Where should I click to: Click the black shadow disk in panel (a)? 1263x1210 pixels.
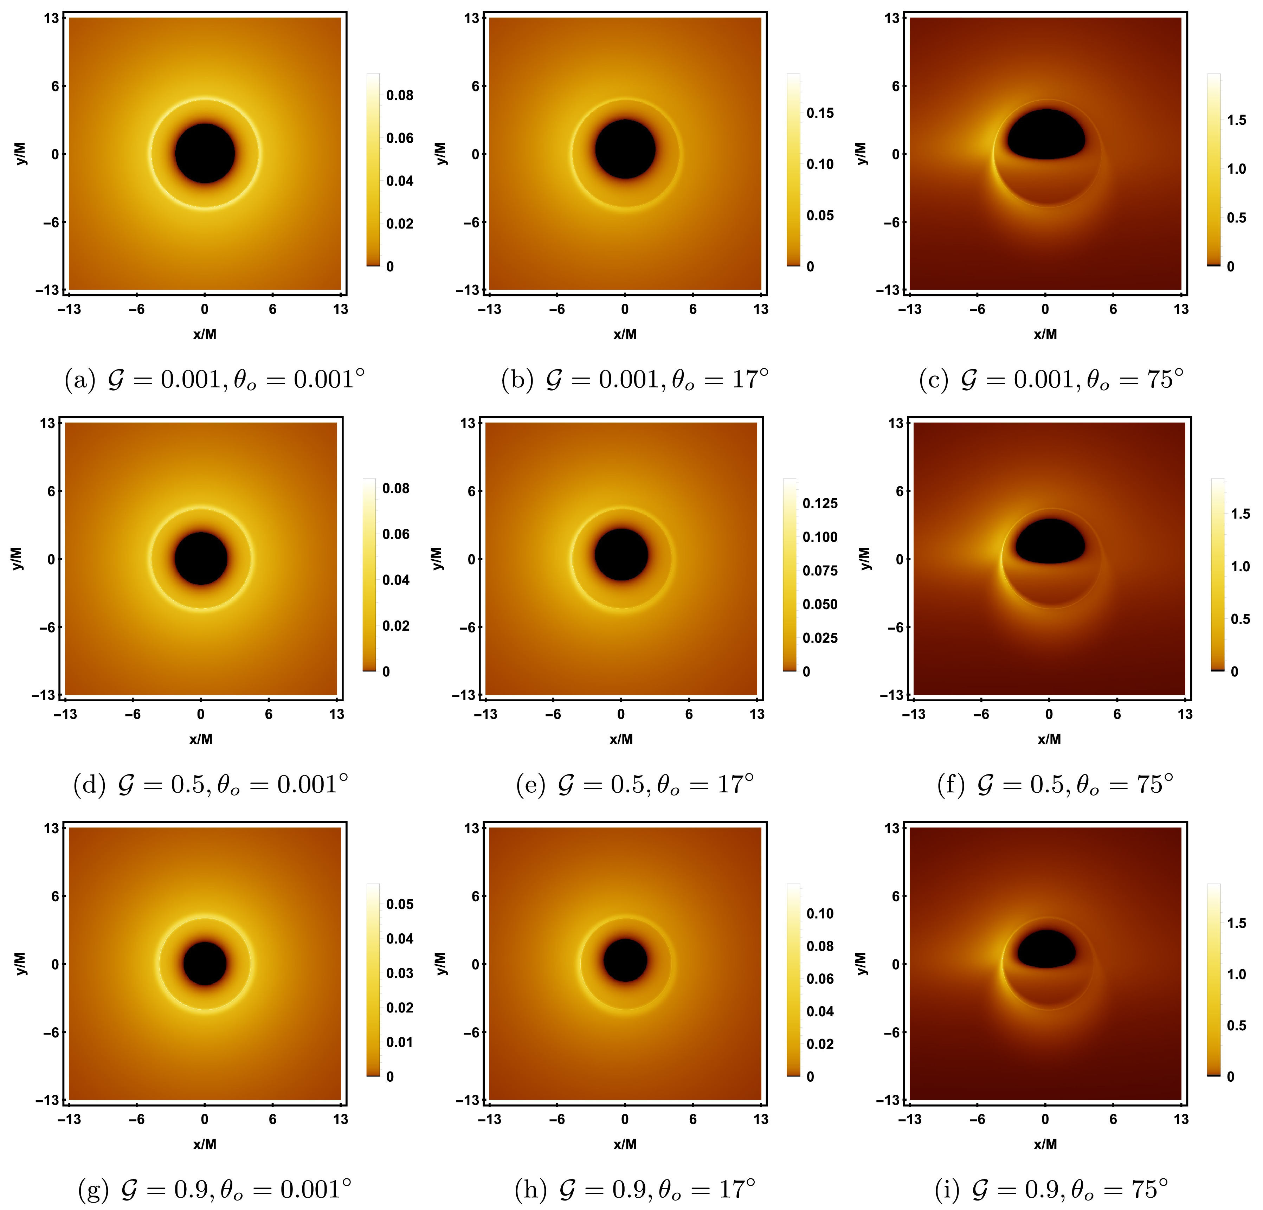[x=205, y=153]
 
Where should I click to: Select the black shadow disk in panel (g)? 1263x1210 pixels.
[x=205, y=963]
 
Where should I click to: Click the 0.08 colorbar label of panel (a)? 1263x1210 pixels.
[x=400, y=95]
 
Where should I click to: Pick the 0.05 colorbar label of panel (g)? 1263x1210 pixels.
[x=400, y=904]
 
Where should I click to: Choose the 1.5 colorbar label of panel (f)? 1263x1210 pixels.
[x=1241, y=514]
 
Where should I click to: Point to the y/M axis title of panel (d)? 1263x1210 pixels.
[x=17, y=559]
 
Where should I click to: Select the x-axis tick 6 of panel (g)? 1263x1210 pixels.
[x=272, y=1119]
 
